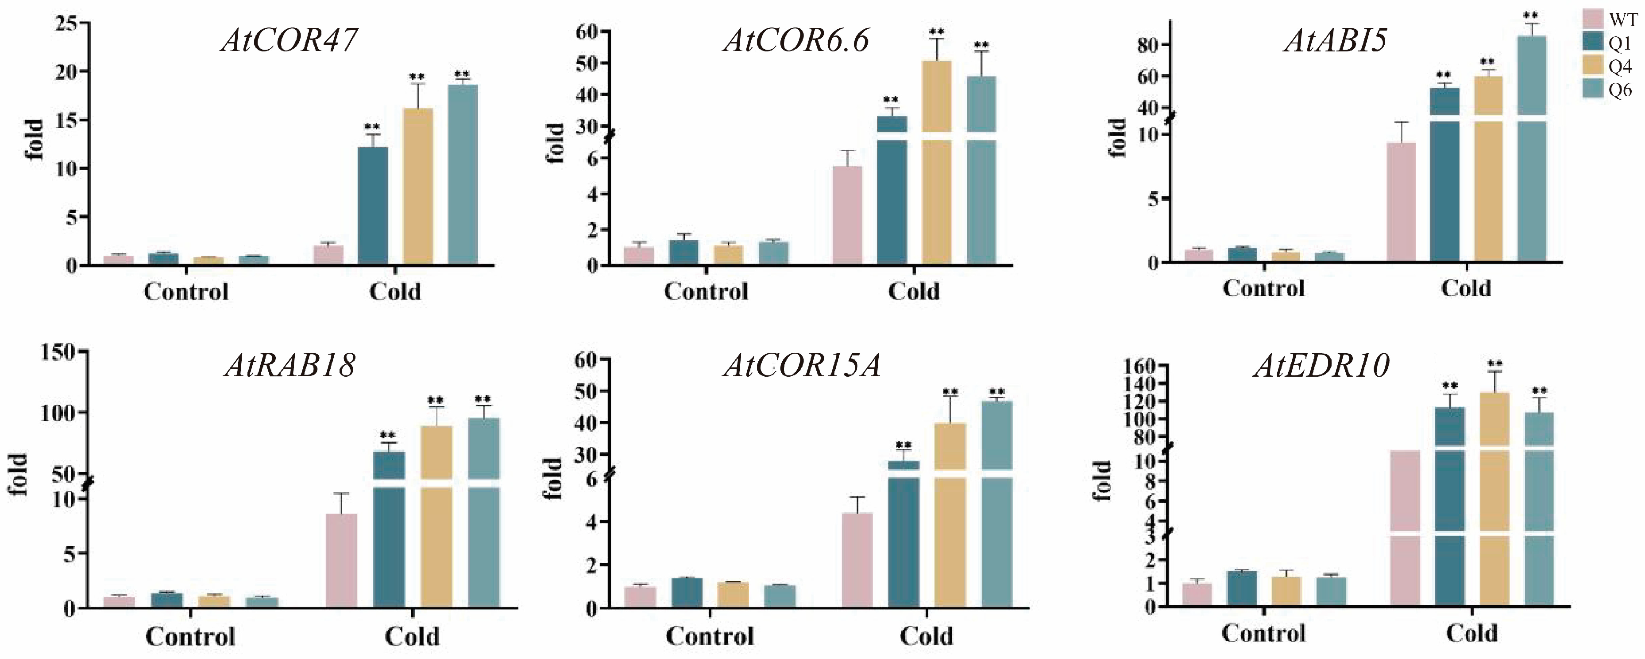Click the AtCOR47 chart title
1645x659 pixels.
pyautogui.click(x=289, y=39)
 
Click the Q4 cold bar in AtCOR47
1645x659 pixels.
pyautogui.click(x=418, y=186)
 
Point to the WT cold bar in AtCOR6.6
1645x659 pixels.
pyautogui.click(x=847, y=215)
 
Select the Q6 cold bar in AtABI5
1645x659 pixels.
pyautogui.click(x=1532, y=148)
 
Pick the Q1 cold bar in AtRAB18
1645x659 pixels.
pyautogui.click(x=389, y=529)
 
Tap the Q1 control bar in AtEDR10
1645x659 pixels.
pyautogui.click(x=1241, y=588)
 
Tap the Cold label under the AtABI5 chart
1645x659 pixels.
pyautogui.click(x=1466, y=288)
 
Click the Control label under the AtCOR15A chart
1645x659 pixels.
pyautogui.click(x=710, y=636)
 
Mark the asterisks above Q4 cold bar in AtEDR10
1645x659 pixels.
pyautogui.click(x=1495, y=364)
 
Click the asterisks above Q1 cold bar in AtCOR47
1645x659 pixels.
pyautogui.click(x=372, y=127)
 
